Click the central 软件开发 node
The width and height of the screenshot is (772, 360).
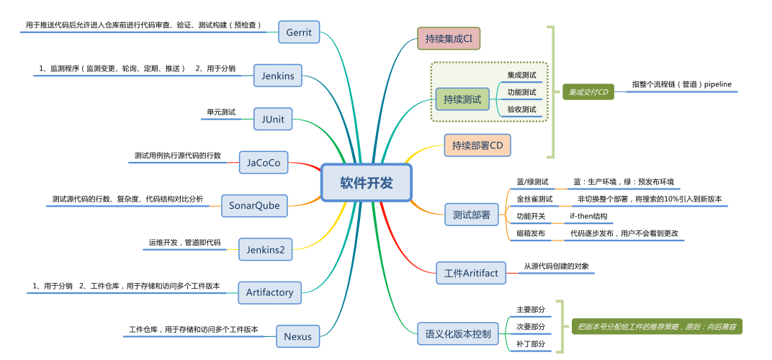(x=367, y=183)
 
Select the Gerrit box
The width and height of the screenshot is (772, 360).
(x=298, y=32)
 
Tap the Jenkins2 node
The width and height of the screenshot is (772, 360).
(x=265, y=249)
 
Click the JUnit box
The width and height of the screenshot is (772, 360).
(x=273, y=119)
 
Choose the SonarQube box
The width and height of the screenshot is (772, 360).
(x=253, y=205)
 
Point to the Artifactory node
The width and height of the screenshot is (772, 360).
(x=269, y=292)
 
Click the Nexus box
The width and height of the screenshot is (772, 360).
(x=297, y=336)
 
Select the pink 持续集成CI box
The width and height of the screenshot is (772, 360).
(x=448, y=38)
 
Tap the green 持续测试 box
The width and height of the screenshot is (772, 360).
(x=462, y=99)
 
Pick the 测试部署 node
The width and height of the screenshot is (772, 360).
(x=471, y=214)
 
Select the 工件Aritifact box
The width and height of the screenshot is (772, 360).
(x=471, y=273)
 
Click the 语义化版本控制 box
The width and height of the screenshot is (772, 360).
(x=458, y=333)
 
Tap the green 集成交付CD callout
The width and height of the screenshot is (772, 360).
(x=588, y=92)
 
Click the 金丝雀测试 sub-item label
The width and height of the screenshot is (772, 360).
(x=534, y=199)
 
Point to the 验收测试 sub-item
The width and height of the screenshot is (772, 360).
(x=521, y=109)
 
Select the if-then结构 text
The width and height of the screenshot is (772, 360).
(x=588, y=216)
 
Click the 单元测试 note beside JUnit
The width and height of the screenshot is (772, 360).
(x=220, y=112)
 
